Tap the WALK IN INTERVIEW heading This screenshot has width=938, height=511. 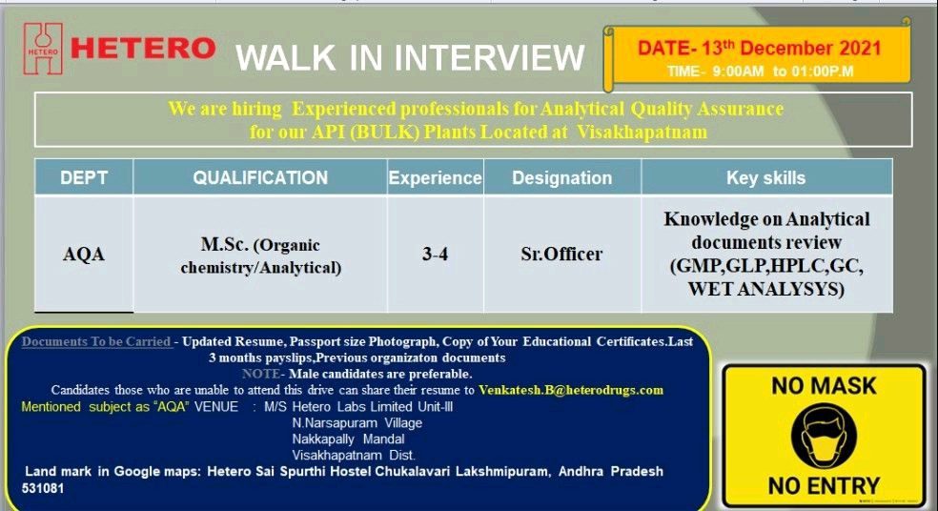[410, 57]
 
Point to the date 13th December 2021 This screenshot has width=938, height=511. [759, 48]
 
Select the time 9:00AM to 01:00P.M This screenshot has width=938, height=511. [760, 71]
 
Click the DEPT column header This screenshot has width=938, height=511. [84, 177]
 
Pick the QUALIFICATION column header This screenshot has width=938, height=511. [260, 177]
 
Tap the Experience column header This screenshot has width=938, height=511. [435, 177]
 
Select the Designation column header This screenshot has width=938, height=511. [561, 177]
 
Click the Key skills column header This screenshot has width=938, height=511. [765, 177]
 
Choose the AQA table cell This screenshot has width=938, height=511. [84, 255]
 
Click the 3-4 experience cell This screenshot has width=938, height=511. [435, 255]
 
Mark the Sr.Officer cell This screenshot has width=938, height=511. [561, 255]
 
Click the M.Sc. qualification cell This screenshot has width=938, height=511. [260, 255]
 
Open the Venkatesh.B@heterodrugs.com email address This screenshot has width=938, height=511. [571, 390]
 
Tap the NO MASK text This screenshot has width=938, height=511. [824, 386]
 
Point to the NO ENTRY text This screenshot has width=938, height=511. [824, 486]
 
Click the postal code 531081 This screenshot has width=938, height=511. [44, 487]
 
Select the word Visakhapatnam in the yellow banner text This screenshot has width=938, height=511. [642, 132]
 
